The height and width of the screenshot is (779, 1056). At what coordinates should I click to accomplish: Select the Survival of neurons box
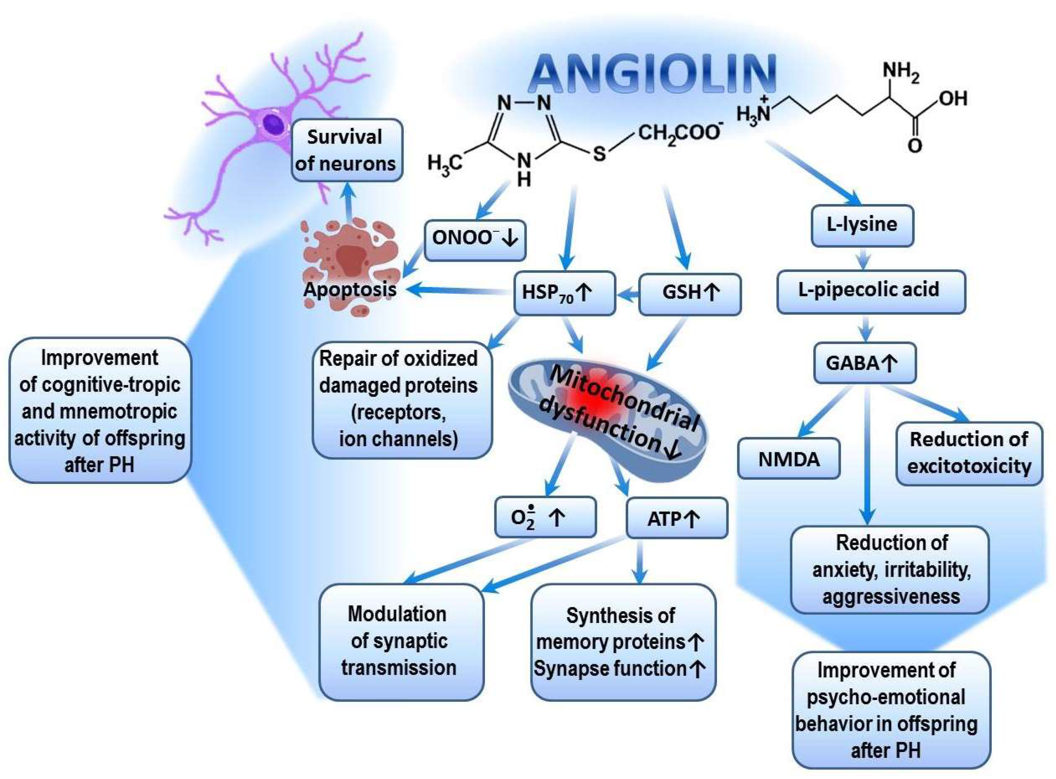coord(346,150)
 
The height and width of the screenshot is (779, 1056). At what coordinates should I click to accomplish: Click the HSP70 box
coord(564,293)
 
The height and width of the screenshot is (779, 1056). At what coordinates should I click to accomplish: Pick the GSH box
coord(689,293)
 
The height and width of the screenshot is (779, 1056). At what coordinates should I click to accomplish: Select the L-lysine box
coord(862,225)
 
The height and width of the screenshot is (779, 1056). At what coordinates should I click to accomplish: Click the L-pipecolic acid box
coord(870,290)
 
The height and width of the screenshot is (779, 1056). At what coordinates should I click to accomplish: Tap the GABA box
coord(864,363)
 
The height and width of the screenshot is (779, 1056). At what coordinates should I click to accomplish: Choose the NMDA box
coord(788,459)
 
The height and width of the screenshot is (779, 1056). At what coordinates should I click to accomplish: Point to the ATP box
coord(676,519)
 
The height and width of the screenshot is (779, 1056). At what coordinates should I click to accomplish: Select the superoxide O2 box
coord(545,517)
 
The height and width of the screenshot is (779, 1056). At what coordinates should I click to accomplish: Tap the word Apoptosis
coord(350,289)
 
